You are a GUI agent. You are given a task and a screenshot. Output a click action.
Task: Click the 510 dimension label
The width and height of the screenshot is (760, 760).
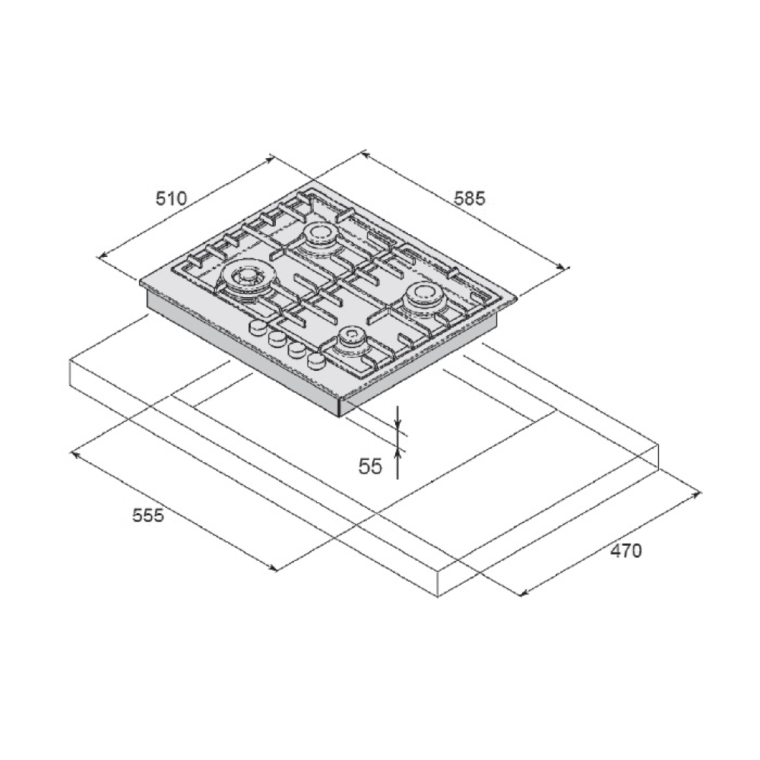pos(171,198)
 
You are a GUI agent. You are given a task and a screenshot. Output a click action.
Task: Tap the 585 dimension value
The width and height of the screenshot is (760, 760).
pos(469,198)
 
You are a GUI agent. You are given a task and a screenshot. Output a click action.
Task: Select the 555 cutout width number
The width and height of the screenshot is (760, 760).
pos(148,515)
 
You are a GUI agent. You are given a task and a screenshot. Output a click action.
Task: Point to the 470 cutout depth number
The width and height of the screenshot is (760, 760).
pos(625,551)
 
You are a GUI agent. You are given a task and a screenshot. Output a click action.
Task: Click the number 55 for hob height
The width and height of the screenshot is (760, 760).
pos(370,467)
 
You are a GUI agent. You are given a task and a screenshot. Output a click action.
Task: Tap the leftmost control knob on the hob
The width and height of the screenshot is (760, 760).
pos(258,327)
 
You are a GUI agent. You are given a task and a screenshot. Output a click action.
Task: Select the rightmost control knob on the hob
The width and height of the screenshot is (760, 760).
pos(316,359)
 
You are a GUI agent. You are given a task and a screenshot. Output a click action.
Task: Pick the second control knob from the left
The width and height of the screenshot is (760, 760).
pos(277,338)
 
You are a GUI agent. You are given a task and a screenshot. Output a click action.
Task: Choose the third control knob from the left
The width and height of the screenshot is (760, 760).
pos(296,349)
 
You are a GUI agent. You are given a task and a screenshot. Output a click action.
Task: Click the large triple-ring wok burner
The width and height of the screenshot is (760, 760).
pos(247,280)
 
